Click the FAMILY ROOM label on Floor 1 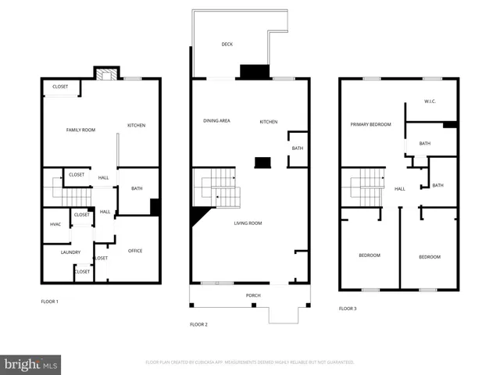point(80,130)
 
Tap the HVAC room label point(55,224)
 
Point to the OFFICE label point(135,251)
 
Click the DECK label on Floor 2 point(227,45)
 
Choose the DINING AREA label point(216,121)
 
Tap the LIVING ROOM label point(248,223)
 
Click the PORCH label point(253,295)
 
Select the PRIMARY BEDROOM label point(370,124)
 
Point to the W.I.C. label point(430,102)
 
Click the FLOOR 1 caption point(50,301)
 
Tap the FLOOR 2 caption point(198,323)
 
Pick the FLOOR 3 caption point(348,309)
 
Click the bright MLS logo point(31,365)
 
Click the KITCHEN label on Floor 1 point(137,126)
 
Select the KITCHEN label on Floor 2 point(269,121)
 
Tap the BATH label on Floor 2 point(298,148)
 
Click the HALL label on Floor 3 point(400,189)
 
